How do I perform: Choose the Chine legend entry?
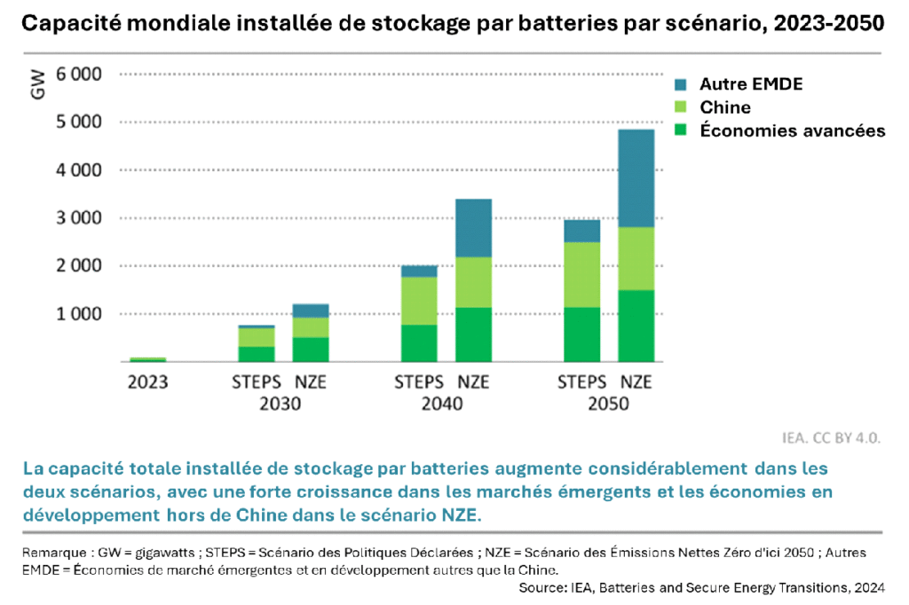pos(724,107)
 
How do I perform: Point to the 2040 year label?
pos(442,404)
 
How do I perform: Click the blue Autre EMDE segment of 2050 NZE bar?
pos(636,178)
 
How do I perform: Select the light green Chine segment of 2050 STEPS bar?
pos(582,274)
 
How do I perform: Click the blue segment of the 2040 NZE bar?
pos(474,228)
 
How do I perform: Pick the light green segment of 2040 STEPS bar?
pos(419,301)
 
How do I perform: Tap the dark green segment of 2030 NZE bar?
pos(311,350)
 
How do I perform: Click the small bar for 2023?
pos(147,359)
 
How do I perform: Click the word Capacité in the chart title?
pos(72,23)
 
